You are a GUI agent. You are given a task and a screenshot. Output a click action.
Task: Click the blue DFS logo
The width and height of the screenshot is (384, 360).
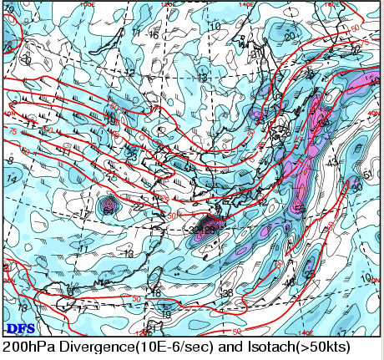pos(19,328)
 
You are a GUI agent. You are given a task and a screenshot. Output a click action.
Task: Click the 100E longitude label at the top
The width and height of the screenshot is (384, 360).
pos(87,4)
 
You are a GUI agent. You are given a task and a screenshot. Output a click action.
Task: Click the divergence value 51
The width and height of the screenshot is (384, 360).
pos(368,175)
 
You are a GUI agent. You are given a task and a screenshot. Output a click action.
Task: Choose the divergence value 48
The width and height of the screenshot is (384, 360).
pos(291,283)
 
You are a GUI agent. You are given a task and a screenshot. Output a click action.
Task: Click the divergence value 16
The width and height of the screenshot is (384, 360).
pos(153,35)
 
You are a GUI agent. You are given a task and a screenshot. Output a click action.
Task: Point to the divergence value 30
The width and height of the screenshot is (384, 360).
pos(356,187)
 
